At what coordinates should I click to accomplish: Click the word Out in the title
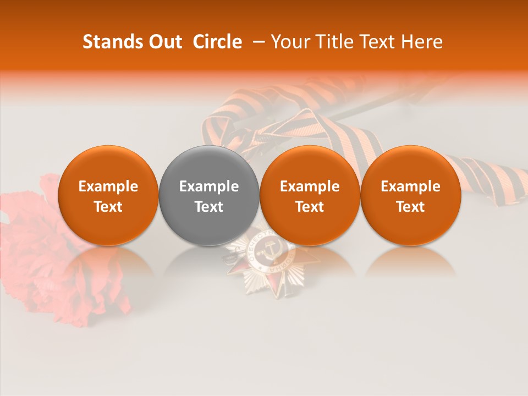[x=164, y=42]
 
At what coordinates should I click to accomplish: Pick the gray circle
[x=209, y=195]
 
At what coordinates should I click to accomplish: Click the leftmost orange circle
[x=108, y=195]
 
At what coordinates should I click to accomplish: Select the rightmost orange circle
[x=410, y=195]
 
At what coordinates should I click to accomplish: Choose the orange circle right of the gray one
[x=310, y=195]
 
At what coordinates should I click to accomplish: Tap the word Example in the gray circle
[x=209, y=186]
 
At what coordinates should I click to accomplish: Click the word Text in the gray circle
[x=209, y=207]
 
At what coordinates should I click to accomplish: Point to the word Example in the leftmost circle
[x=108, y=186]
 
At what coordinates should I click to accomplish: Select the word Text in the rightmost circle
[x=410, y=207]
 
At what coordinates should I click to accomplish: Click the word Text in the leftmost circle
[x=108, y=207]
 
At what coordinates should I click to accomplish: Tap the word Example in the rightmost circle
[x=410, y=186]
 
